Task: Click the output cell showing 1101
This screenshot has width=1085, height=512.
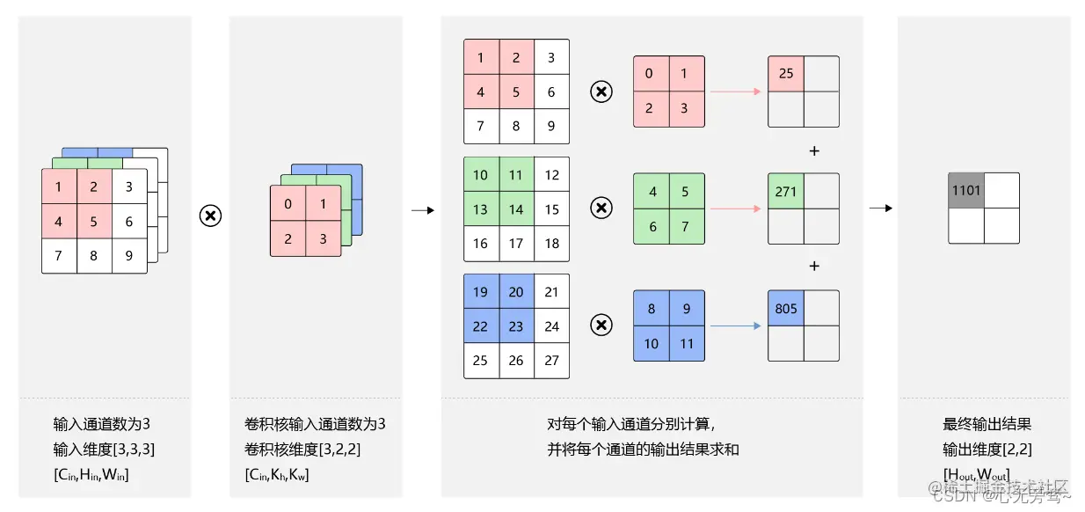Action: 965,190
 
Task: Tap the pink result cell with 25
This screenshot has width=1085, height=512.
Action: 786,74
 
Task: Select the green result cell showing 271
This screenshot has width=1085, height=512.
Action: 786,191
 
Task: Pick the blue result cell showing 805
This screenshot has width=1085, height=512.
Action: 786,308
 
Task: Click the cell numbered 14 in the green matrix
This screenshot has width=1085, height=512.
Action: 516,209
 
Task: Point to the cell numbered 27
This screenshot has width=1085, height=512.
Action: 551,361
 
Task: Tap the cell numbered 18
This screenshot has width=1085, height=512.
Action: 551,244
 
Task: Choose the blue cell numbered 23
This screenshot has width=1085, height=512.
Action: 516,326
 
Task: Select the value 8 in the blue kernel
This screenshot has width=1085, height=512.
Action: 651,309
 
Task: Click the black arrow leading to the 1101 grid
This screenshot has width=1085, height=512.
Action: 881,208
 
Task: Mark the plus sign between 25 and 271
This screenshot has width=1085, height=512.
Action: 814,151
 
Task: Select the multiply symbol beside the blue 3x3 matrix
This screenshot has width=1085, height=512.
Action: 601,325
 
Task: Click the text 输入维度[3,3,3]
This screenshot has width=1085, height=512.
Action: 105,450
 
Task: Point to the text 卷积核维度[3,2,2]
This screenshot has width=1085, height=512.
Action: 302,450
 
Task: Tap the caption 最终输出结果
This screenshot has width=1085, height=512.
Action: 987,424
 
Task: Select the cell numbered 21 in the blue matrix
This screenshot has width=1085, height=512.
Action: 551,292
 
